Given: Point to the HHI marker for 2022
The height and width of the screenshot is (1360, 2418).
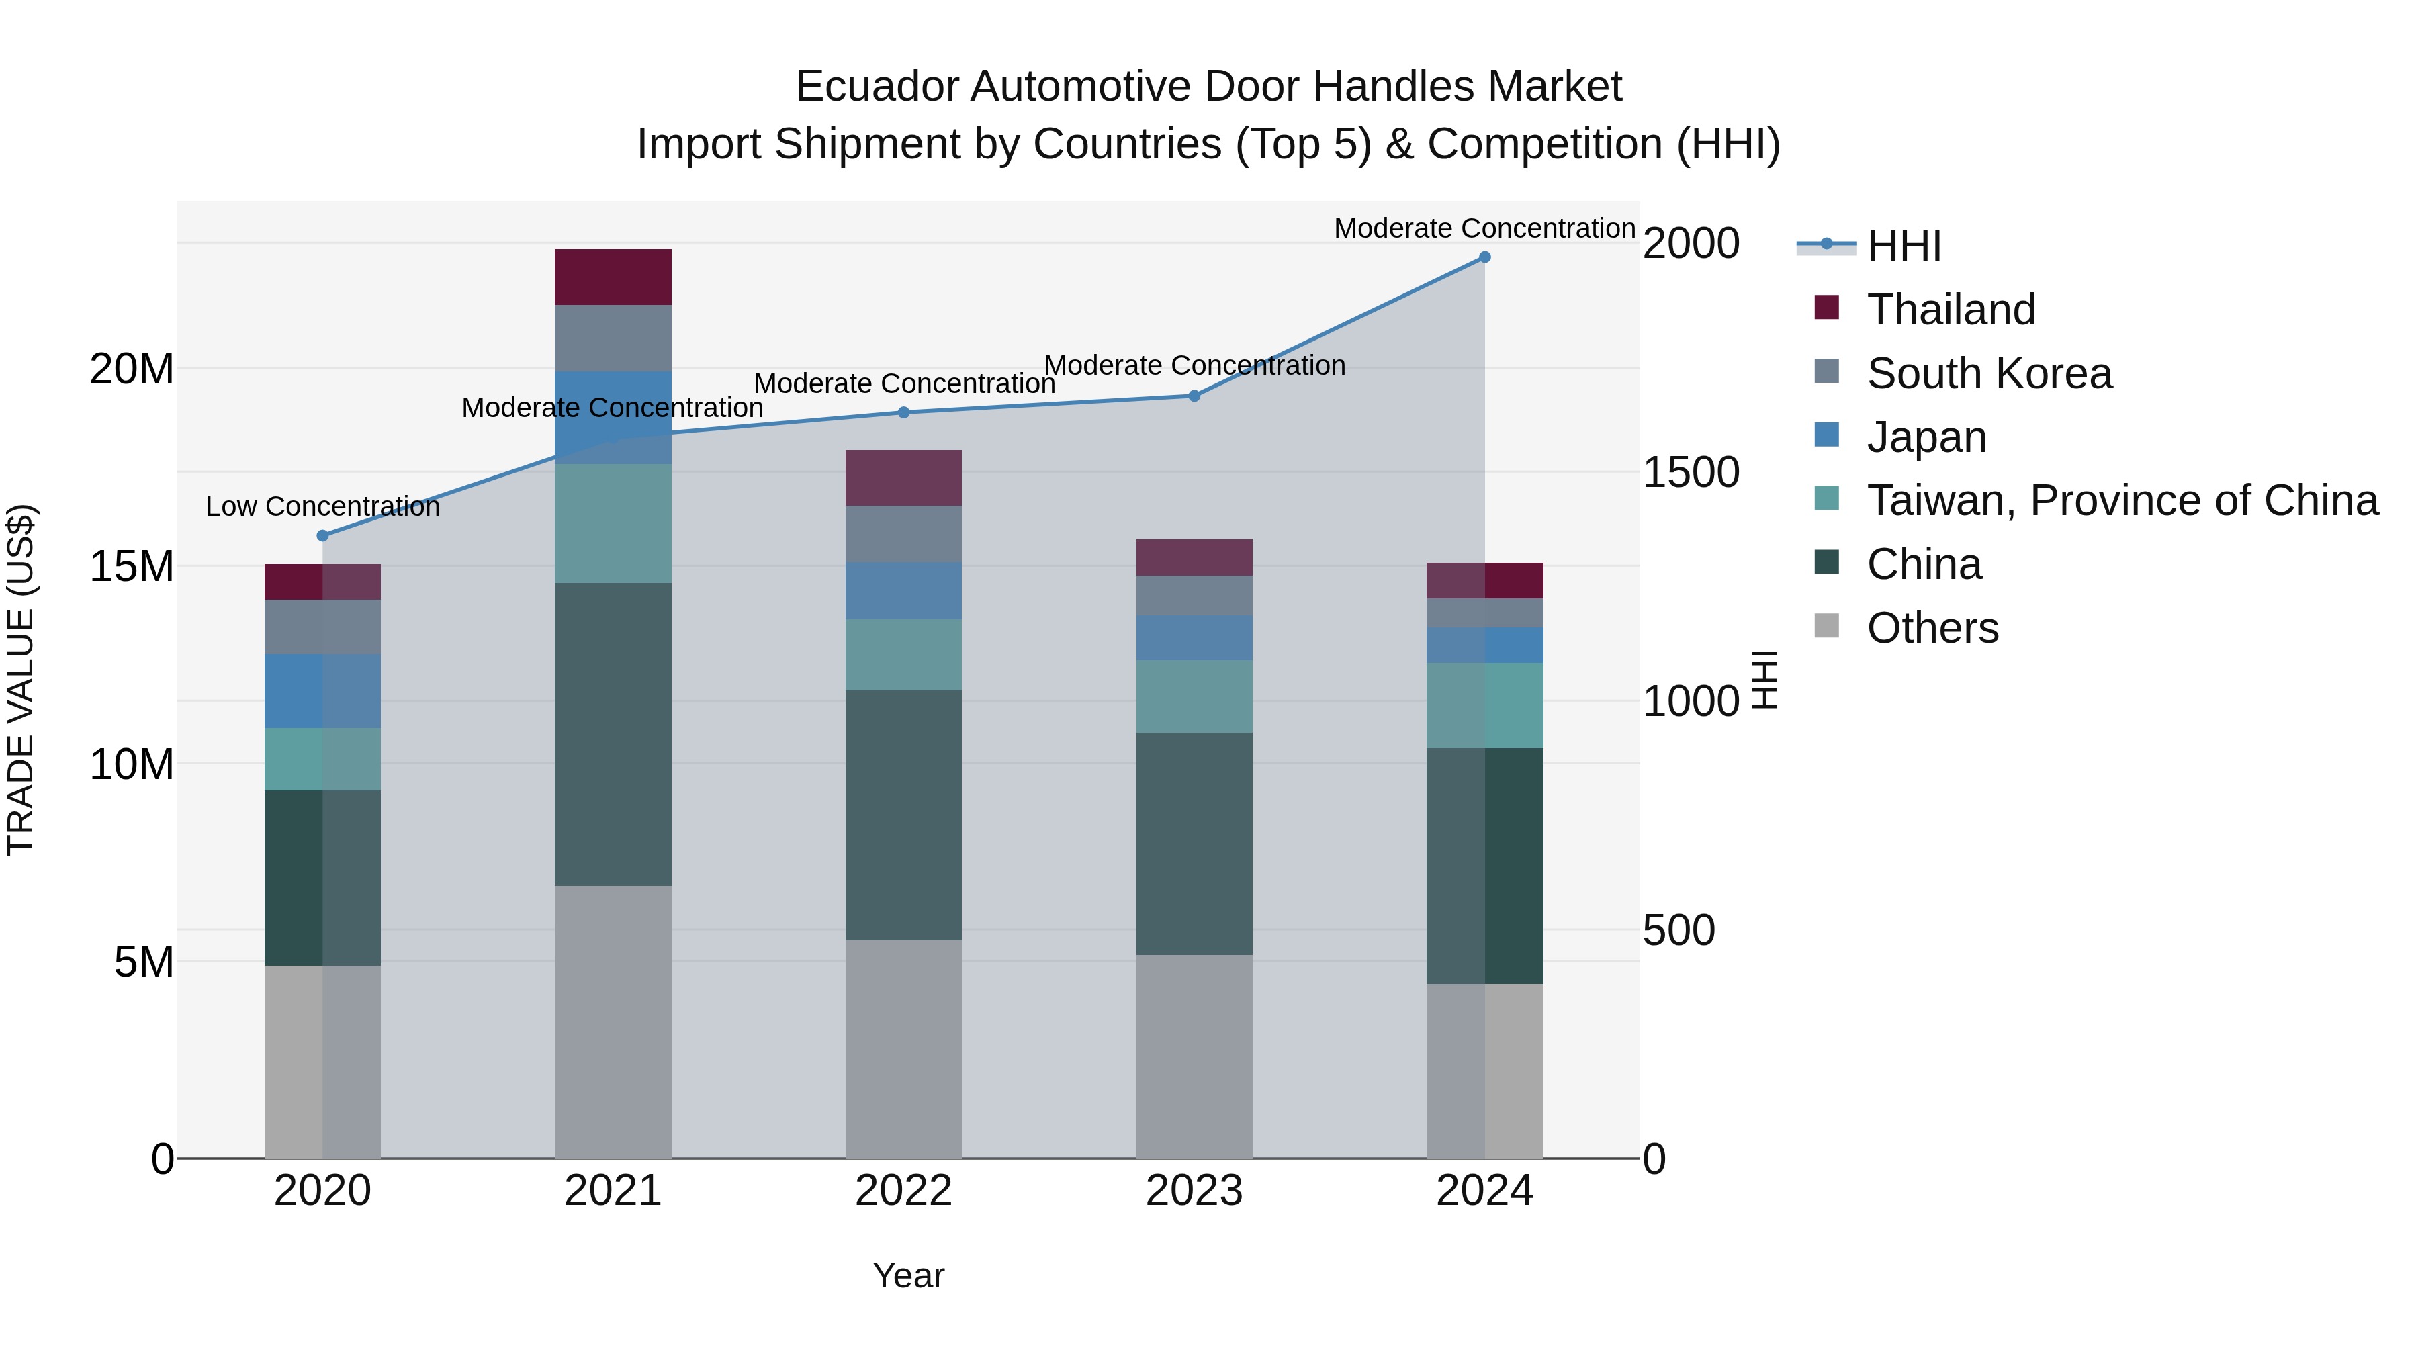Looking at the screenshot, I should point(903,412).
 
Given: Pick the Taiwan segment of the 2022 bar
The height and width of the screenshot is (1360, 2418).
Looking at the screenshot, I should point(903,654).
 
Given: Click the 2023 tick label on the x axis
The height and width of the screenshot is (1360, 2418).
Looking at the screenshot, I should point(1194,1191).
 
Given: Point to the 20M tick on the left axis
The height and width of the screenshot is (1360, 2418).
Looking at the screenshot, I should point(132,369).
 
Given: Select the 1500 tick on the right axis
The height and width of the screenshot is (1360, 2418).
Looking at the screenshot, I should point(1691,472).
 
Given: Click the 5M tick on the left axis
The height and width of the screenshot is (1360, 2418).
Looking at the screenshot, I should point(144,961).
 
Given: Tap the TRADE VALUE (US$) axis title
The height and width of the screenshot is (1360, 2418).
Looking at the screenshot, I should point(21,680).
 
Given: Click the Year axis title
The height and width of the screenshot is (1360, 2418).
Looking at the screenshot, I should point(907,1275).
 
